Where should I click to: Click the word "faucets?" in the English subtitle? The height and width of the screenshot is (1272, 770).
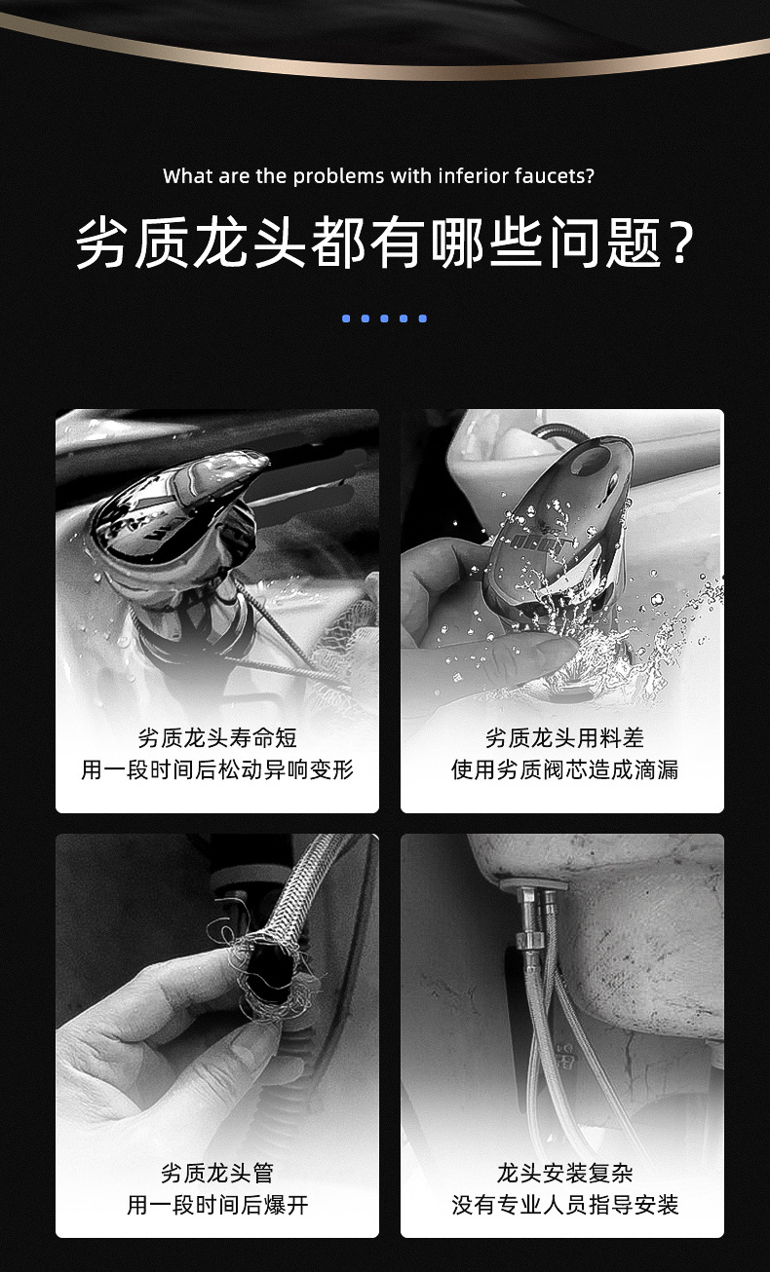pyautogui.click(x=554, y=176)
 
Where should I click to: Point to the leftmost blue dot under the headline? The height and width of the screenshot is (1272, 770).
pyautogui.click(x=346, y=318)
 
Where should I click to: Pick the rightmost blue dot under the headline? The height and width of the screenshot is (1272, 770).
pyautogui.click(x=422, y=318)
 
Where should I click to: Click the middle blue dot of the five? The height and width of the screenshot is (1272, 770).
pyautogui.click(x=384, y=318)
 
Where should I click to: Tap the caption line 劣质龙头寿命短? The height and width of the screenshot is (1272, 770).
pyautogui.click(x=217, y=738)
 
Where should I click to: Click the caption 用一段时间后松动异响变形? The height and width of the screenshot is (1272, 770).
pyautogui.click(x=217, y=770)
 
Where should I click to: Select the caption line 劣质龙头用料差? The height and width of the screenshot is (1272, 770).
pyautogui.click(x=564, y=738)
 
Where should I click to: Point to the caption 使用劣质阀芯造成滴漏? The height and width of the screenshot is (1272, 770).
pyautogui.click(x=564, y=770)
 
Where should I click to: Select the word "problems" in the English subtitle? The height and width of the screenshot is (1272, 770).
pyautogui.click(x=338, y=176)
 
